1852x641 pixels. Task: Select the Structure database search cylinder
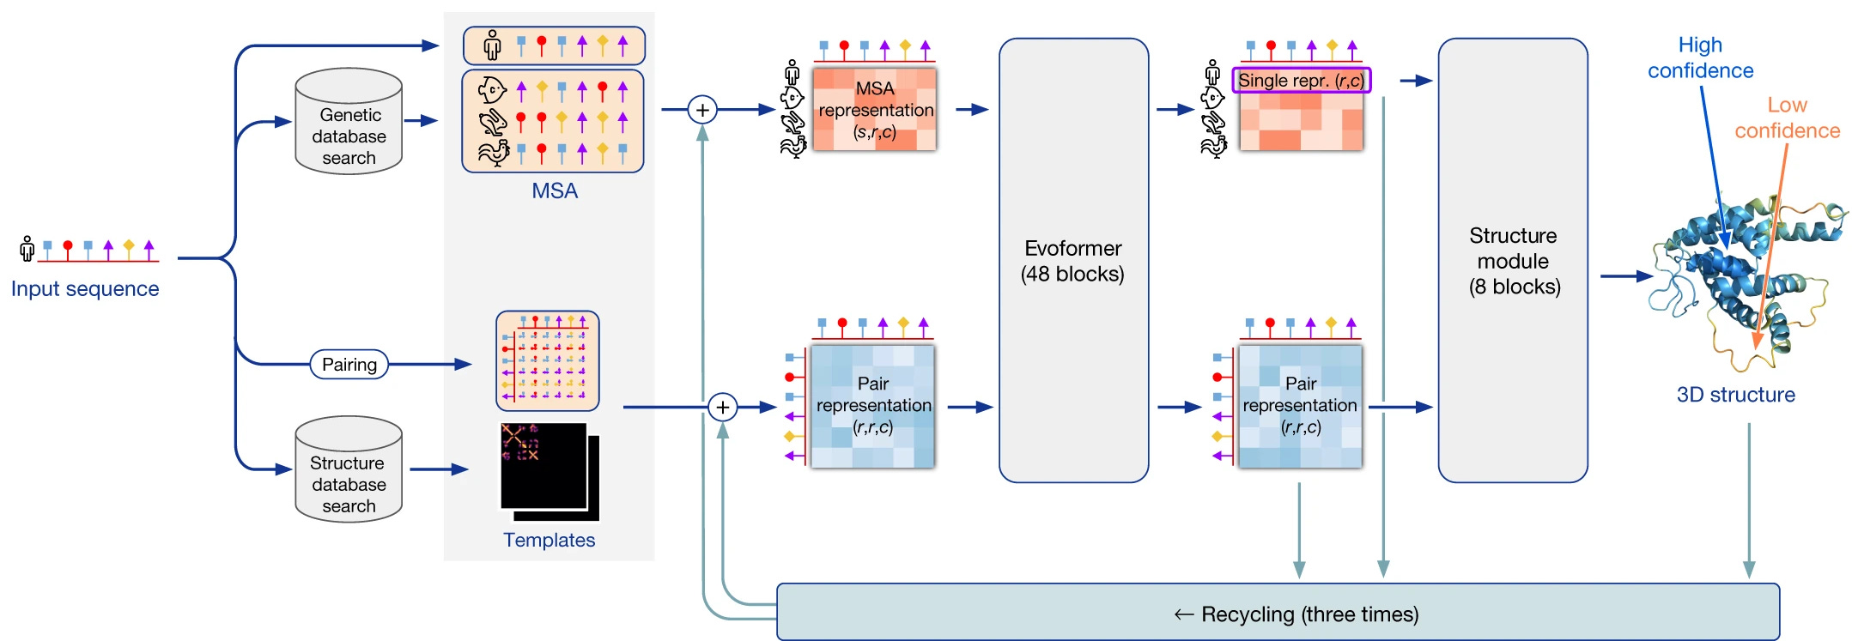click(x=349, y=471)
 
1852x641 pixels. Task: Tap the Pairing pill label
click(x=349, y=365)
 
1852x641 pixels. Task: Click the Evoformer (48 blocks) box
click(x=1073, y=261)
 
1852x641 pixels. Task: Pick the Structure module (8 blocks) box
click(x=1513, y=261)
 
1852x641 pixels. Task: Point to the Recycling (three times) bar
click(x=1278, y=613)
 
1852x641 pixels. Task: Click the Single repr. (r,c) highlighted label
click(x=1301, y=81)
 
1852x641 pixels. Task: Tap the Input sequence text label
click(x=85, y=289)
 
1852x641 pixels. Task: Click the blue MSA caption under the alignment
click(x=555, y=191)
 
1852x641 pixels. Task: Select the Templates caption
click(x=549, y=540)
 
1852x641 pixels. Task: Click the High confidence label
click(x=1700, y=57)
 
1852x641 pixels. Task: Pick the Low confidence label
click(x=1788, y=118)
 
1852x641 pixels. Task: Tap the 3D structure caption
click(x=1735, y=395)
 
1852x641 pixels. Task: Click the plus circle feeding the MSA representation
click(x=702, y=110)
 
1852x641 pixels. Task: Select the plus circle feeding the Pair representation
click(x=723, y=407)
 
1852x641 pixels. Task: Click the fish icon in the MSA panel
click(x=491, y=90)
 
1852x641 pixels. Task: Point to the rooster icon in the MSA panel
click(x=493, y=154)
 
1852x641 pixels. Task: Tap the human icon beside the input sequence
click(x=27, y=249)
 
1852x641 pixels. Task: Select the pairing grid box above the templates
click(x=547, y=361)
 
